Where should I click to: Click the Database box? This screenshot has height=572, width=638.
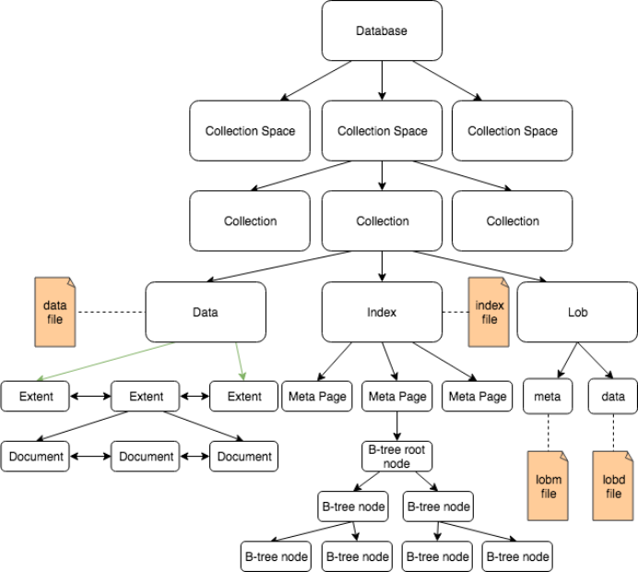click(382, 31)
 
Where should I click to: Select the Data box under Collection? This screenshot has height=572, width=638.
click(205, 312)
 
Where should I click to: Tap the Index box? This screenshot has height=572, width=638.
click(382, 312)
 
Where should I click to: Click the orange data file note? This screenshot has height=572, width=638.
click(55, 311)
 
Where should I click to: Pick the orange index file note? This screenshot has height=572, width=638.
click(489, 312)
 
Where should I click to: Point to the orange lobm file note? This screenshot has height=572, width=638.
click(548, 487)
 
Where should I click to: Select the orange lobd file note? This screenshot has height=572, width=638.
click(613, 487)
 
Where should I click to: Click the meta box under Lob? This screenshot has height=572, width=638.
click(548, 397)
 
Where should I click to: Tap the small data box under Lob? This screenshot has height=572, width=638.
click(613, 397)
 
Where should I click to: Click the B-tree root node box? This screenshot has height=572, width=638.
click(396, 456)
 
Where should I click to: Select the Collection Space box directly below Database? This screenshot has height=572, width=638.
click(382, 131)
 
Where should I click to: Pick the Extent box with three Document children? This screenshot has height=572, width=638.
click(146, 397)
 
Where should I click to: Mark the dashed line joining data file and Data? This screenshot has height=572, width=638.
click(111, 312)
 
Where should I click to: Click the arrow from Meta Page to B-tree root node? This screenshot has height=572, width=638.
click(396, 425)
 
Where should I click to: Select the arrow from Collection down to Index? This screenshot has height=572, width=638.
click(382, 266)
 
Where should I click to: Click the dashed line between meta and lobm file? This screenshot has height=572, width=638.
click(548, 432)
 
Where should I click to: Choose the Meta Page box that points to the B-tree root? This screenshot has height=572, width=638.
click(396, 397)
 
